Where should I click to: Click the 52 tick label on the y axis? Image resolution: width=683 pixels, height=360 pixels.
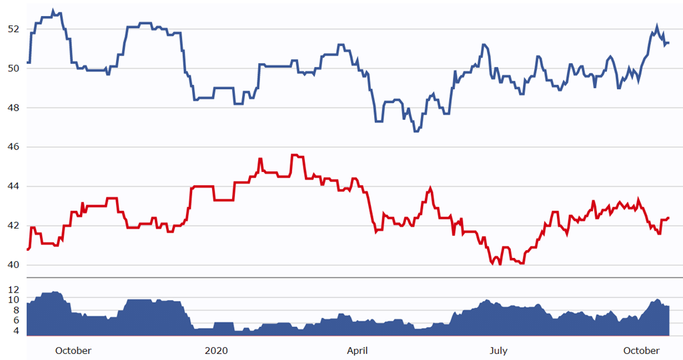[13, 29]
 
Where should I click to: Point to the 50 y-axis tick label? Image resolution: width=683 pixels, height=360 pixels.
[13, 69]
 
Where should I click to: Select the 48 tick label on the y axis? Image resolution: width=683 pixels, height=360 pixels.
[13, 108]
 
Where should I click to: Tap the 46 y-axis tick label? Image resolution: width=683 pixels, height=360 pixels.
[13, 147]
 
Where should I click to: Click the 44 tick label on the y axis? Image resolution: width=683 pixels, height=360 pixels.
[13, 187]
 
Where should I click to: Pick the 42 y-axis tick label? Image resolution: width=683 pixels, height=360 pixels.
[13, 226]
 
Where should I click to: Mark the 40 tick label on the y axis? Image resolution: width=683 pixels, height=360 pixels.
[13, 265]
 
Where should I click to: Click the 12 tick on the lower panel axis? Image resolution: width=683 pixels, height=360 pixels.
[13, 290]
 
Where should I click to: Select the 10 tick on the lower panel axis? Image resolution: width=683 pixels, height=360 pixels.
[13, 300]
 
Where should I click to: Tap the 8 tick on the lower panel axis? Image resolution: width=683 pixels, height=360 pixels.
[15, 310]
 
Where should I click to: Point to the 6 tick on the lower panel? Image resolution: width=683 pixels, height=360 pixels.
[15, 320]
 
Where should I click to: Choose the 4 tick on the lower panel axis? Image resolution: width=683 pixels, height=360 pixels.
[15, 331]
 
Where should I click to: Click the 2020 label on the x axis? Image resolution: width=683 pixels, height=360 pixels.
[216, 351]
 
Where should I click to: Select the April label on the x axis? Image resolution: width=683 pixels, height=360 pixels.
[357, 351]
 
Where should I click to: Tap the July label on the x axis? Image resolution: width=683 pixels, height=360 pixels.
[498, 351]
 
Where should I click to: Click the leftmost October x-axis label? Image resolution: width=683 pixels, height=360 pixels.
[73, 351]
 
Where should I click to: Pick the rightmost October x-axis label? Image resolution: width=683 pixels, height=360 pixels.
[641, 351]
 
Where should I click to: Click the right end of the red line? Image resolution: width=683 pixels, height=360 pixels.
[668, 218]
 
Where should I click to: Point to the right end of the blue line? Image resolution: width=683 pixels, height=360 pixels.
[668, 43]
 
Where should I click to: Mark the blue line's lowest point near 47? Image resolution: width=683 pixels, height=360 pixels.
[416, 131]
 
